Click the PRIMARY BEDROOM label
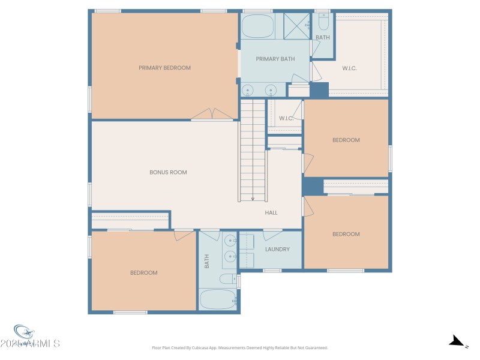point(164,68)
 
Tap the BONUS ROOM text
point(168,172)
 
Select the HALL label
point(271,212)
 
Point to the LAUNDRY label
point(277,249)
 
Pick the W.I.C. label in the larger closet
point(350,68)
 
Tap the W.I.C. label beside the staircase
point(286,118)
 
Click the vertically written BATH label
point(206,261)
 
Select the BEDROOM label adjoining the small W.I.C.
point(346,140)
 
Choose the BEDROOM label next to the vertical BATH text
point(144,272)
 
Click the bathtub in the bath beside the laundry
point(218,299)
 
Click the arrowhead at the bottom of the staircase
point(253,198)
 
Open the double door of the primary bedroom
point(212,115)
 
